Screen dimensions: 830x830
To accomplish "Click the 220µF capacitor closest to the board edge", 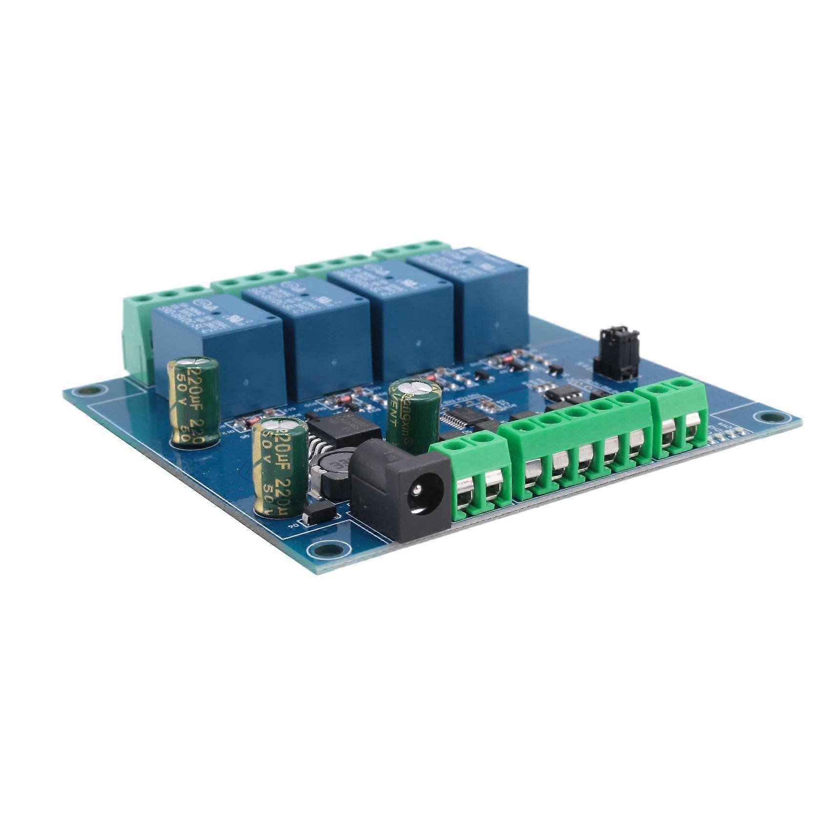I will click(x=279, y=466).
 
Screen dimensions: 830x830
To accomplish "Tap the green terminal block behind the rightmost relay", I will click(x=413, y=249).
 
